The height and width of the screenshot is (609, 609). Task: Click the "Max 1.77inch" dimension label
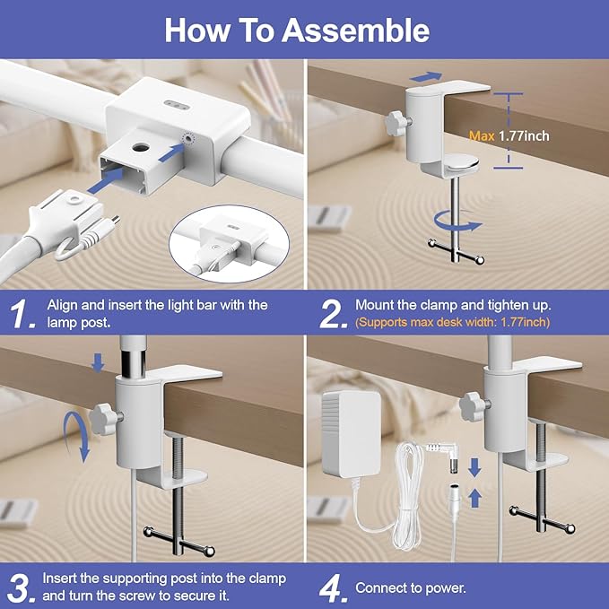click(x=509, y=136)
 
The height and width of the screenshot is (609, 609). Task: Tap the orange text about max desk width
click(x=452, y=322)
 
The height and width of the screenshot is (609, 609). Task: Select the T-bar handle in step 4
click(x=540, y=518)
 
